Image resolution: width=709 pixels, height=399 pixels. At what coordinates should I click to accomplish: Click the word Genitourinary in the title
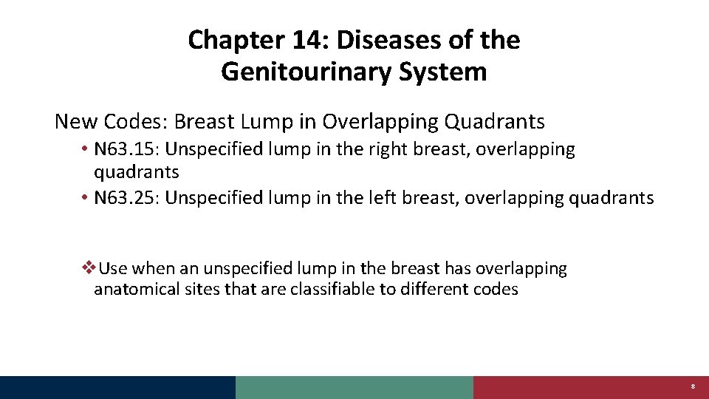coord(303,72)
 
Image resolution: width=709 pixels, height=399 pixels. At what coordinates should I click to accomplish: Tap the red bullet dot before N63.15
coord(86,149)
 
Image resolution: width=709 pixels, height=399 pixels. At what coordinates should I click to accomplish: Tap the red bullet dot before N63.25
coord(86,198)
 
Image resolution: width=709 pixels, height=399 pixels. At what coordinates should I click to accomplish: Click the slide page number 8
coord(693,387)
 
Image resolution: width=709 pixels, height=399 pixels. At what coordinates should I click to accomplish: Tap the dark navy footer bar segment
coord(118,387)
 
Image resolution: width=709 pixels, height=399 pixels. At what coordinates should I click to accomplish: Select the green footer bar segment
coord(354,387)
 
